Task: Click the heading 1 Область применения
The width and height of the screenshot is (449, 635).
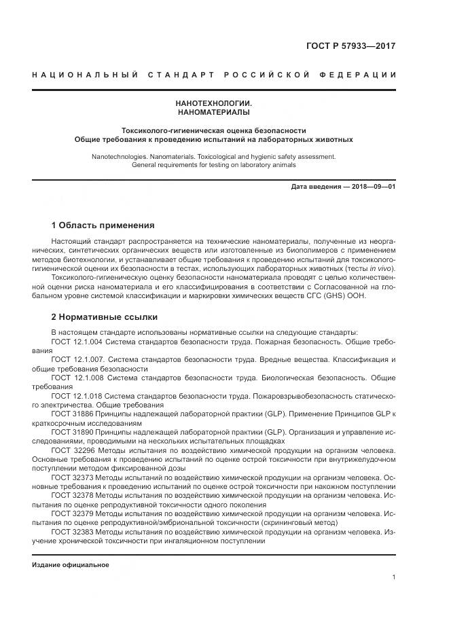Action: (103, 225)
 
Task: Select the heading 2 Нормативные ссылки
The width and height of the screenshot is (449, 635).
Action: (104, 316)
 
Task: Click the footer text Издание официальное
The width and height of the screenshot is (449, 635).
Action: (70, 564)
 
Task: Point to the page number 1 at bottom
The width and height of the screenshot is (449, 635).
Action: (393, 577)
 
